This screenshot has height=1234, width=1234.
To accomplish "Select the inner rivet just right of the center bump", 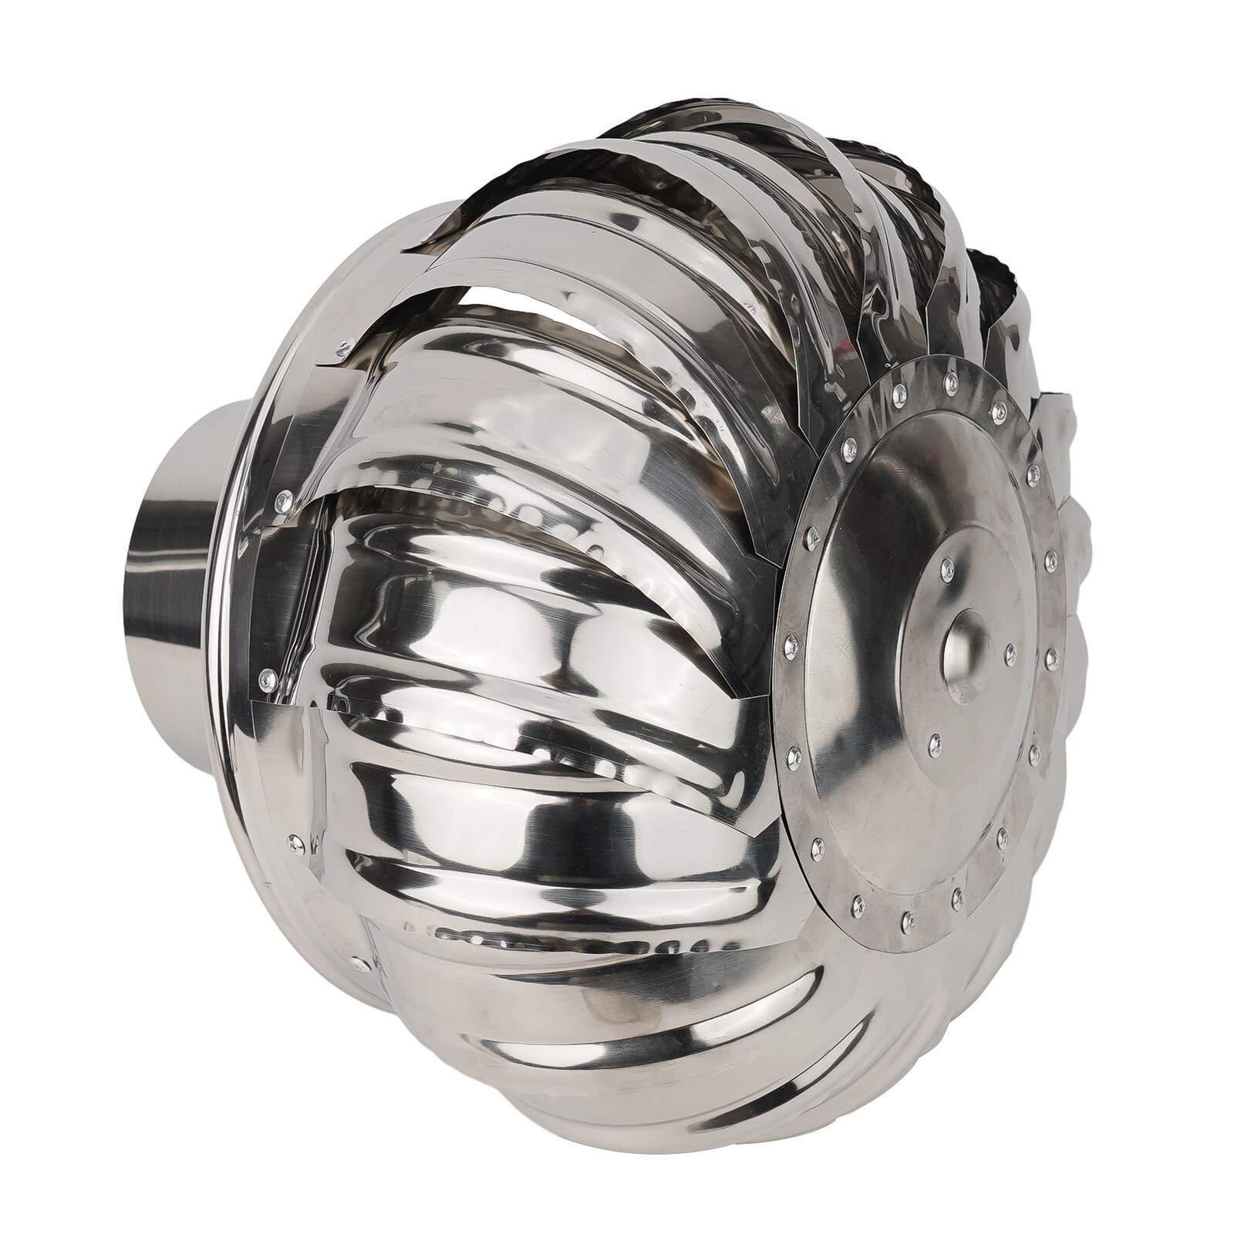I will tap(1010, 652).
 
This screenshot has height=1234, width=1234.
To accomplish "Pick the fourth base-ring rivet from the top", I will tap(295, 841).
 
